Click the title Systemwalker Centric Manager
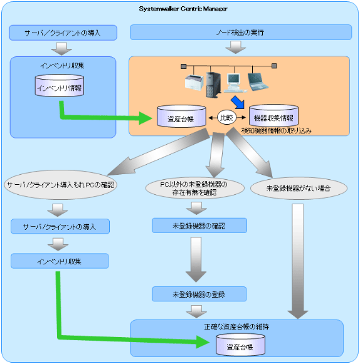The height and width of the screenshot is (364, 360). pyautogui.click(x=183, y=9)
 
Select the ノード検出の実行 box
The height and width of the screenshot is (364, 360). pyautogui.click(x=241, y=33)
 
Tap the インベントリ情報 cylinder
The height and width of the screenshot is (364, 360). pyautogui.click(x=60, y=85)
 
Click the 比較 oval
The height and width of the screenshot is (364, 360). pyautogui.click(x=226, y=118)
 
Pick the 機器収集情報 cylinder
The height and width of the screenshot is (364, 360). pyautogui.click(x=273, y=116)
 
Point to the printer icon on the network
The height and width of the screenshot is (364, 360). pyautogui.click(x=194, y=82)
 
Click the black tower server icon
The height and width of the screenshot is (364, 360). pyautogui.click(x=213, y=85)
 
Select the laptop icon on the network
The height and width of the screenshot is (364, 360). pyautogui.click(x=258, y=81)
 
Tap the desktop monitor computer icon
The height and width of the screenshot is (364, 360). pyautogui.click(x=235, y=83)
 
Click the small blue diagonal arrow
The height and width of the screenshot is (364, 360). pyautogui.click(x=238, y=102)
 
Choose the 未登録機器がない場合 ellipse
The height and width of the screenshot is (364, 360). pyautogui.click(x=299, y=189)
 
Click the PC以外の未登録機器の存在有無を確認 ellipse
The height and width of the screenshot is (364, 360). pyautogui.click(x=195, y=188)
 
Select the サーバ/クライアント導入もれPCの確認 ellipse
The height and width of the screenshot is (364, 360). pyautogui.click(x=60, y=185)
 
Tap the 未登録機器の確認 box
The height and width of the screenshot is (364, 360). pyautogui.click(x=199, y=226)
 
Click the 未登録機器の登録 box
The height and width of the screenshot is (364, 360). pyautogui.click(x=199, y=294)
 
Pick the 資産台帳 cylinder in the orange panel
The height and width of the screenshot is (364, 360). pyautogui.click(x=181, y=117)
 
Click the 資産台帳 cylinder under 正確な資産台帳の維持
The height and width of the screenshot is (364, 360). pyautogui.click(x=240, y=345)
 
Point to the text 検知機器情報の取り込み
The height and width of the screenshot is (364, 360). pyautogui.click(x=277, y=131)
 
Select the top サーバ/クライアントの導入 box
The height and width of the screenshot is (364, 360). pyautogui.click(x=63, y=33)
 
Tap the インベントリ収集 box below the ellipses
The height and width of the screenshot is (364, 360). pyautogui.click(x=60, y=261)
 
